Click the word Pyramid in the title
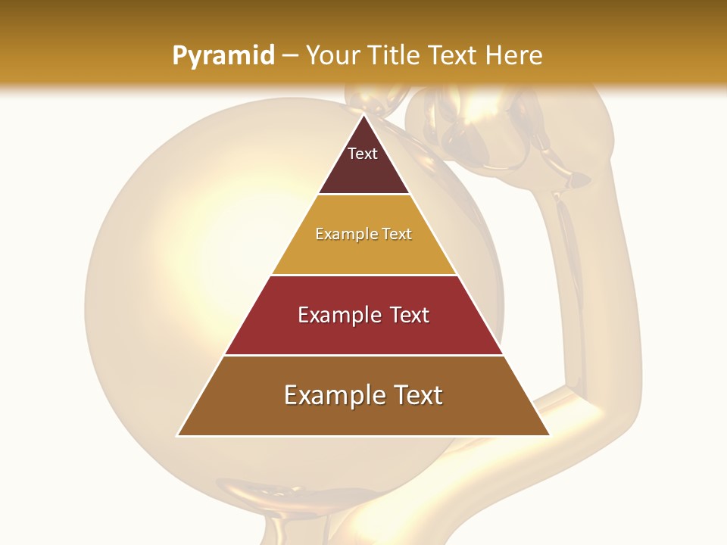tap(223, 56)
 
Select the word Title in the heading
tap(397, 56)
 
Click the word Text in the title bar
tap(454, 56)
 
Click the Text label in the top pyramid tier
tap(363, 154)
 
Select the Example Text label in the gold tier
tap(363, 235)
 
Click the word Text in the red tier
tap(410, 315)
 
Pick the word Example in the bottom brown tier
tap(330, 395)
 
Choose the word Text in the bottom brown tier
tap(416, 395)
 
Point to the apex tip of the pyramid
tap(363, 116)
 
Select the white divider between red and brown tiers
tap(363, 355)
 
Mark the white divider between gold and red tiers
tap(363, 275)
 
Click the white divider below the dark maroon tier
tap(363, 195)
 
